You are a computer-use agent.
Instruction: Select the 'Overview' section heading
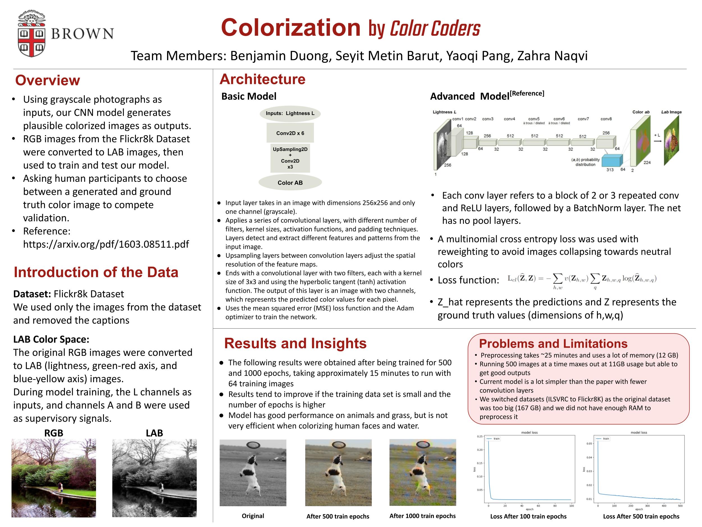pyautogui.click(x=48, y=80)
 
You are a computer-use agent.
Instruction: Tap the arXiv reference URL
pyautogui.click(x=106, y=244)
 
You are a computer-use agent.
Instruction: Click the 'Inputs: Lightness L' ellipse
pyautogui.click(x=290, y=113)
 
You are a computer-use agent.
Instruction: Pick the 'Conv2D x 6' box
pyautogui.click(x=290, y=133)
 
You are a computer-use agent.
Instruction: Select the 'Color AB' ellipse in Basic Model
pyautogui.click(x=290, y=183)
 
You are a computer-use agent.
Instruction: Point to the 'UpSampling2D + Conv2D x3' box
pyautogui.click(x=290, y=158)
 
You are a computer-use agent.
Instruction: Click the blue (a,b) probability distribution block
pyautogui.click(x=612, y=160)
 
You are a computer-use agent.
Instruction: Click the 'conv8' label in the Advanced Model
pyautogui.click(x=606, y=119)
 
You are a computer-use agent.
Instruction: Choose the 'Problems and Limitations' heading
pyautogui.click(x=553, y=344)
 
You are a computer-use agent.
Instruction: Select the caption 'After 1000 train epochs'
pyautogui.click(x=422, y=516)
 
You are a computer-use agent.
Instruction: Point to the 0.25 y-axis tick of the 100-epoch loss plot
pyautogui.click(x=480, y=436)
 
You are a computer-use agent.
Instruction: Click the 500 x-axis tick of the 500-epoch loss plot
pyautogui.click(x=680, y=505)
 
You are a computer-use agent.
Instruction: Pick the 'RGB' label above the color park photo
pyautogui.click(x=54, y=433)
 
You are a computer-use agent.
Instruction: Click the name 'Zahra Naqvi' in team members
pyautogui.click(x=552, y=56)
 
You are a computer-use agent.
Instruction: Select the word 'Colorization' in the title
pyautogui.click(x=291, y=28)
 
